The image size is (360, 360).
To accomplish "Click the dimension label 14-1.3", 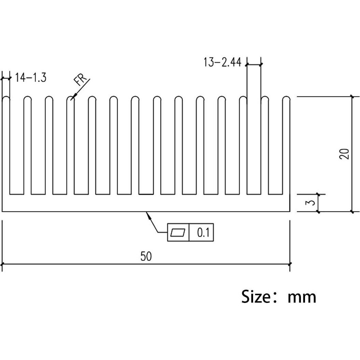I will click(31, 78).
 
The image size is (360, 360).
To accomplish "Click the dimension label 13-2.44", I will click(222, 63).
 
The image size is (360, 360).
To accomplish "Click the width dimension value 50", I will click(146, 256).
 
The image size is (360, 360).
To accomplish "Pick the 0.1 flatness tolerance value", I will click(204, 233).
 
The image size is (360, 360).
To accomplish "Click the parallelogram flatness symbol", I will click(178, 233).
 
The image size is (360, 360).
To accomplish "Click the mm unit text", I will click(302, 297).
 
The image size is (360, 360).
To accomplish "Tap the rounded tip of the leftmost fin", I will click(6, 99).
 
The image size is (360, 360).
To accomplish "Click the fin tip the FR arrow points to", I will click(70, 99).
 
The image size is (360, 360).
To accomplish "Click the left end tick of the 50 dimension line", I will click(2, 264).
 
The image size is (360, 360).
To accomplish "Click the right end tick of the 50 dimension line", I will click(290, 264).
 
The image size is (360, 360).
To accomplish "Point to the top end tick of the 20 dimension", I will click(352, 97).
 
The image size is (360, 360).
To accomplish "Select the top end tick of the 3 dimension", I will click(318, 194).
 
